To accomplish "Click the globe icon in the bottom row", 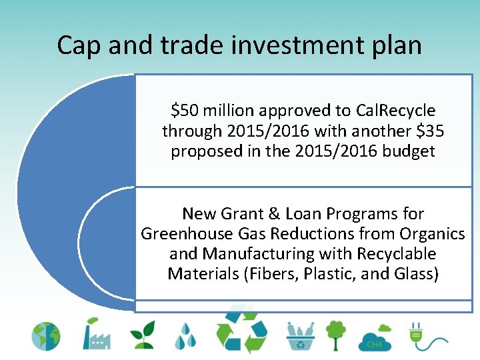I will (x=46, y=337).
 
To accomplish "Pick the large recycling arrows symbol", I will (x=241, y=330).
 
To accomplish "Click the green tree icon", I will (x=335, y=335).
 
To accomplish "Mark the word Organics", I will (x=432, y=234).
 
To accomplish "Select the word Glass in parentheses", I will (x=412, y=274).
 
